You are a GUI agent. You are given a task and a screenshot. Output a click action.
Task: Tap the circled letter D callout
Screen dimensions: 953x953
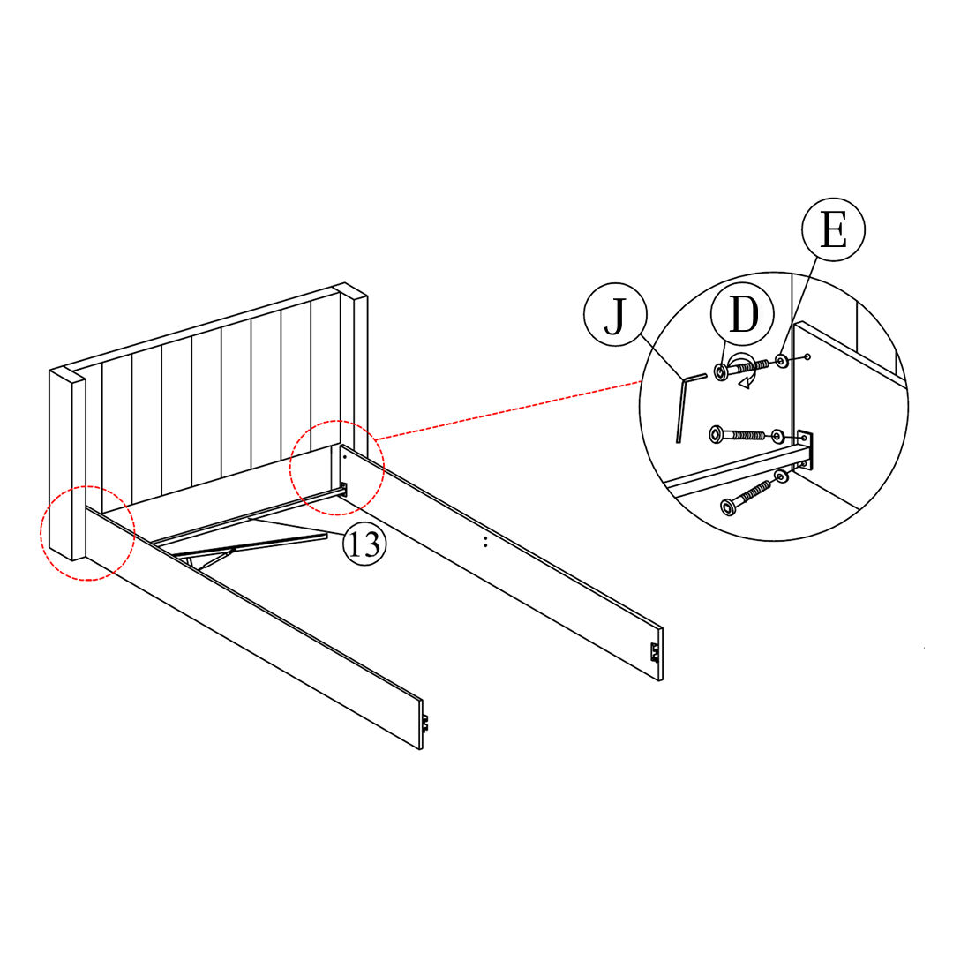(x=743, y=316)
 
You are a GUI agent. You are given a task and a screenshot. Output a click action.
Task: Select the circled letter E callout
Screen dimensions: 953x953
(x=833, y=230)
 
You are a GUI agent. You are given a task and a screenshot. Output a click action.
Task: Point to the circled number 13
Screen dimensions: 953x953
(x=364, y=544)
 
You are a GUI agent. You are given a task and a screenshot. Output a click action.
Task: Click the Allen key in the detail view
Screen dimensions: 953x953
(x=682, y=406)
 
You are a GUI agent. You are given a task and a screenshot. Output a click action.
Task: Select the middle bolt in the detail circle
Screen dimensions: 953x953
(x=736, y=435)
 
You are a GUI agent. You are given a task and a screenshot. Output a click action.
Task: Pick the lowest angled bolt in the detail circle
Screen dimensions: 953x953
(x=746, y=496)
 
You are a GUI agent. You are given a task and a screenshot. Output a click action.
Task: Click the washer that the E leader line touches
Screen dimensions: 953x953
(x=782, y=360)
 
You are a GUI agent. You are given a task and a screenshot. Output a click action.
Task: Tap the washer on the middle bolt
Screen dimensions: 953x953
(x=777, y=435)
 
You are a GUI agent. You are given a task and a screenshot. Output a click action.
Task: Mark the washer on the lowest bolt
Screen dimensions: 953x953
(x=780, y=477)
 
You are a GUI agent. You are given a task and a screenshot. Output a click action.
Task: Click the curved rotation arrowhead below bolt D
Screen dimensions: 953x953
(x=747, y=382)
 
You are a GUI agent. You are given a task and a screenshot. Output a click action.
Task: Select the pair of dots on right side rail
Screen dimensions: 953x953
(x=484, y=541)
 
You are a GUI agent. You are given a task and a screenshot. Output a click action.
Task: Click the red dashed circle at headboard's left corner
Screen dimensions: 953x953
(x=86, y=533)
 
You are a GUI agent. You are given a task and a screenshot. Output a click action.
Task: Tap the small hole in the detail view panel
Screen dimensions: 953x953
(x=807, y=356)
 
